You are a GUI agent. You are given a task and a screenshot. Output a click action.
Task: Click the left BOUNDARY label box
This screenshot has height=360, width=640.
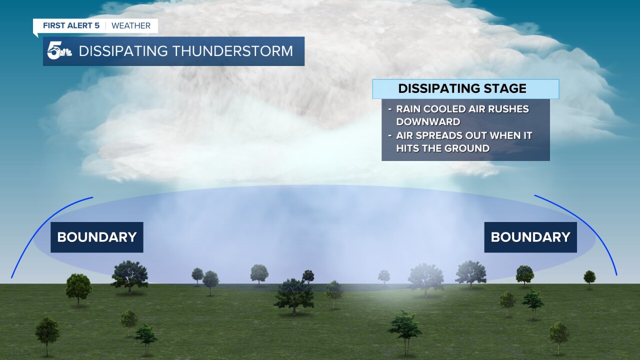coord(96,237)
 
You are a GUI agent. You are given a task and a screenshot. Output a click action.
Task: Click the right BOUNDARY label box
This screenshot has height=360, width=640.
coord(530,237)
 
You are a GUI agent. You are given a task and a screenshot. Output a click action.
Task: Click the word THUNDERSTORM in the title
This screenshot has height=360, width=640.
coord(239,51)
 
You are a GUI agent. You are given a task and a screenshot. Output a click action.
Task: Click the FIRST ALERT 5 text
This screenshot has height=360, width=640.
coord(70,26)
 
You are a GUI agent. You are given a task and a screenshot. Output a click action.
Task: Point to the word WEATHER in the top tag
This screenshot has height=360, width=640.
coord(131,26)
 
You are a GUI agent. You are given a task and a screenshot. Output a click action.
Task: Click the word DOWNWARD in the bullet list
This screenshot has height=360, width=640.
coord(428,121)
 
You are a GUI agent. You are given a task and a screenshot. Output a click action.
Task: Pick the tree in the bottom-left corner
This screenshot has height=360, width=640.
coord(47,332)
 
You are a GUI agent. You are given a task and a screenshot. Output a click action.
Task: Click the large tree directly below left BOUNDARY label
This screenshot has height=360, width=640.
coord(129,275)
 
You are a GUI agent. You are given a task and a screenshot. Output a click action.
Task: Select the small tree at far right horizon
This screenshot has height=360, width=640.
coord(589,277)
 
